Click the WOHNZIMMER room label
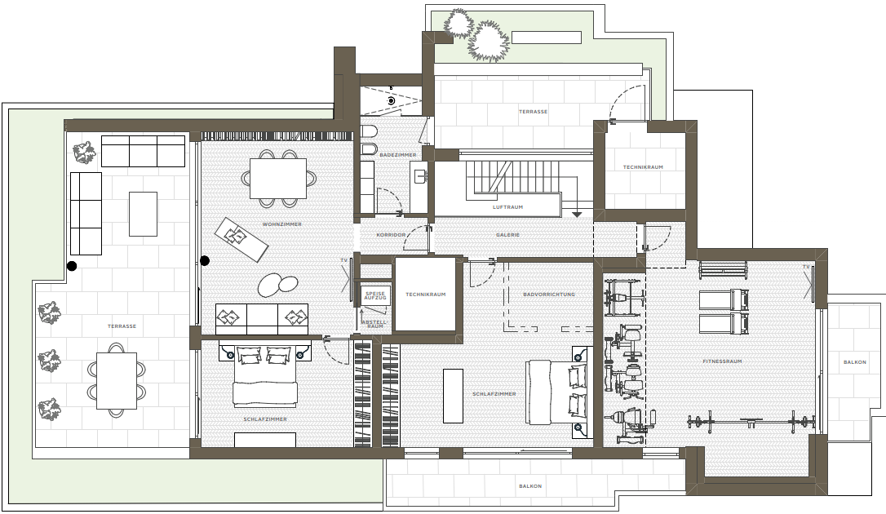pos(282,224)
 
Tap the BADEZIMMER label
pos(398,155)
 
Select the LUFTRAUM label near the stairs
pos(507,207)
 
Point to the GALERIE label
pos(507,235)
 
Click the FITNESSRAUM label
pos(722,361)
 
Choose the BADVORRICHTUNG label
pos(549,295)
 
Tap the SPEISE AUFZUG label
pos(374,295)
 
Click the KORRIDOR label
pos(391,235)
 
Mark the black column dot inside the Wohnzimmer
pos(205,260)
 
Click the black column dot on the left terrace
pos(72,265)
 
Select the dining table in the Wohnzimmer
pos(278,179)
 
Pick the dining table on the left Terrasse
pos(117,381)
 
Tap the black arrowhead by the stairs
pos(576,215)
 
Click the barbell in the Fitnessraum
pos(751,421)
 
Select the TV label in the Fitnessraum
pos(806,267)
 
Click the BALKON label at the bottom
pos(530,486)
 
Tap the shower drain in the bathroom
pos(391,100)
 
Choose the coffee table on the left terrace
pos(143,214)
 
